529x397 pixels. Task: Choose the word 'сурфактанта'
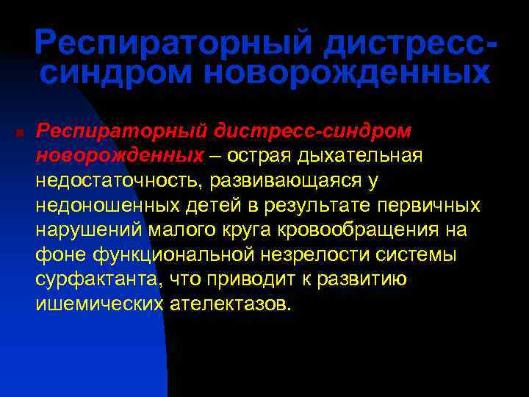point(97,280)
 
